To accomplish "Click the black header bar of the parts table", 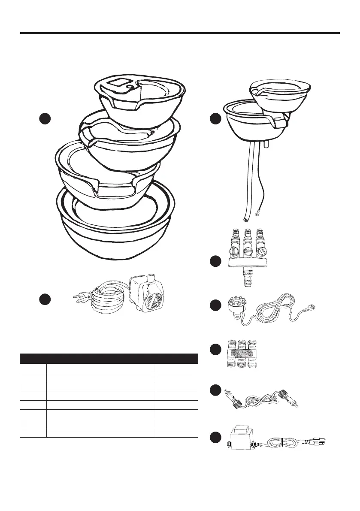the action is (109, 358).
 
